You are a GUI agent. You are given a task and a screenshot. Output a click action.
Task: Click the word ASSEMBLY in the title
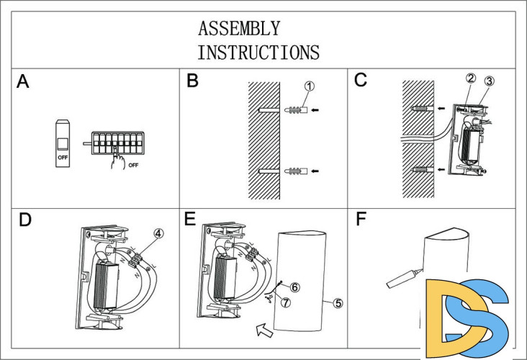coord(239,28)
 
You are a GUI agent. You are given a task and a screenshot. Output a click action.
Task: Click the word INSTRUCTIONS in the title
coord(258,53)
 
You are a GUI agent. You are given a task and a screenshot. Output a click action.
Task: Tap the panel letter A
coord(23,81)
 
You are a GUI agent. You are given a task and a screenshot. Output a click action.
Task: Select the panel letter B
coord(192,81)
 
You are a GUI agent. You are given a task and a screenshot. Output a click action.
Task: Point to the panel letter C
coord(361,81)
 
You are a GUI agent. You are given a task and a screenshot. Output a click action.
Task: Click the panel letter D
coord(25,220)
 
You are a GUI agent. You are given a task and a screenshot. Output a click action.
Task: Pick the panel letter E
coord(190,218)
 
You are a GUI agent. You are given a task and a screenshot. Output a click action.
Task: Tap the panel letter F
coord(361,219)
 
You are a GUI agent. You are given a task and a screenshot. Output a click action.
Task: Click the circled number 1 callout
coord(310,86)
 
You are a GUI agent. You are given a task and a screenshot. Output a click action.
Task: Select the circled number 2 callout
coord(471,78)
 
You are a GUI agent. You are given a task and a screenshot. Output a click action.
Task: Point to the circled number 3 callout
coord(489,81)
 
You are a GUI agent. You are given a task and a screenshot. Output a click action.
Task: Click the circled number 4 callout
coord(158,233)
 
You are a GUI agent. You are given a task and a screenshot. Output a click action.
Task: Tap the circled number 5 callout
coord(338,303)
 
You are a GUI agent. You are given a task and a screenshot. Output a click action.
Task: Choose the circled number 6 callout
coord(294,287)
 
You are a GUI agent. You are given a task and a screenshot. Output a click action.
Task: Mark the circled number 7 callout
coord(286,302)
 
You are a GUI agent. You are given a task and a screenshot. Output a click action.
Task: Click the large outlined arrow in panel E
coord(264,330)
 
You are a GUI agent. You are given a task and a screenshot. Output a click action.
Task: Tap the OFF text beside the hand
coord(133,165)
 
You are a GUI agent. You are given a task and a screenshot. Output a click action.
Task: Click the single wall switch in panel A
coord(63,143)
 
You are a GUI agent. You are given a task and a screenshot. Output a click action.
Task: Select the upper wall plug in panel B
coord(296,110)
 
